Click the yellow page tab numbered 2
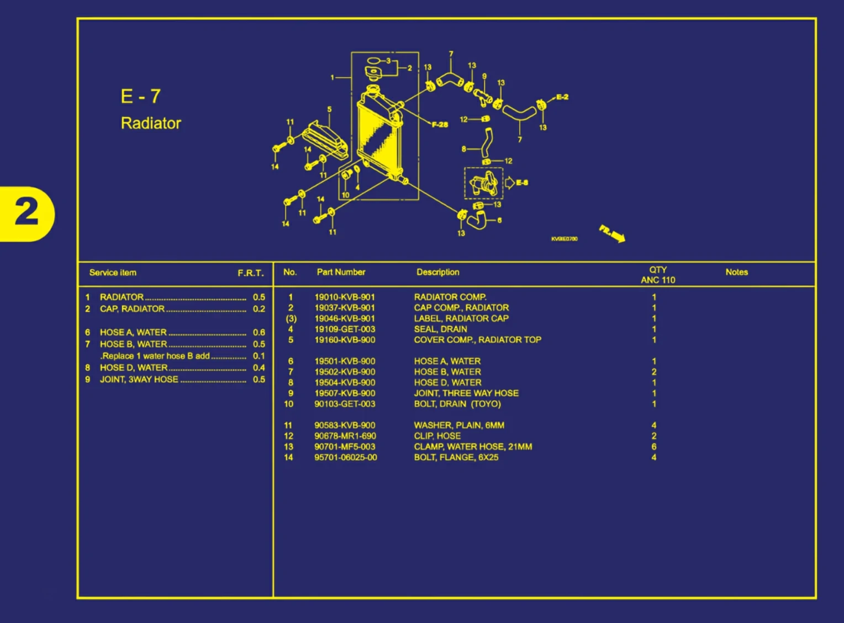pos(27,213)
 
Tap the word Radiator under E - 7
pos(151,123)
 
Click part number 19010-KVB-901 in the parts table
pos(345,297)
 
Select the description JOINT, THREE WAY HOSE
pos(466,394)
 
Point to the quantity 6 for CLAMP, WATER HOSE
pos(654,447)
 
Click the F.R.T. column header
pos(251,273)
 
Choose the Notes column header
pos(736,272)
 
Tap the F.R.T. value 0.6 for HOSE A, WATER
pos(259,332)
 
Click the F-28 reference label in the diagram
pos(440,124)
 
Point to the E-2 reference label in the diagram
pos(562,97)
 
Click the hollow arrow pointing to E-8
pos(509,182)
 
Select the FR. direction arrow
pos(613,234)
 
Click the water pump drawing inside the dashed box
pos(483,183)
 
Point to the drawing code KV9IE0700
pos(564,239)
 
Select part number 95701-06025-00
pos(346,458)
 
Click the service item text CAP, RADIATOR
pos(132,309)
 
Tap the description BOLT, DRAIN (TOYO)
pos(457,404)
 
